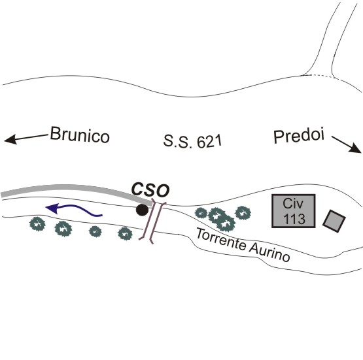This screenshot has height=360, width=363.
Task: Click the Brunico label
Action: click(x=80, y=135)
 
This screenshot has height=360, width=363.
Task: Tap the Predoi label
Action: click(x=299, y=137)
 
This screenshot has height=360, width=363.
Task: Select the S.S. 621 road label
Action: click(x=192, y=141)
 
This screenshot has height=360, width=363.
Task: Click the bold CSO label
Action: click(x=150, y=190)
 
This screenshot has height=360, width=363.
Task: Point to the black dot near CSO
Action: click(x=142, y=210)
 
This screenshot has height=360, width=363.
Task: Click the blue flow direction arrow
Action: click(x=74, y=209)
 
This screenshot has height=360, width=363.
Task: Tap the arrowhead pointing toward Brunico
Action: click(x=10, y=139)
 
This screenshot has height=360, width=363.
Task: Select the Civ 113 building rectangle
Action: click(x=294, y=211)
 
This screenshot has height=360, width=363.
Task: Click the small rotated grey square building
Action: click(x=334, y=221)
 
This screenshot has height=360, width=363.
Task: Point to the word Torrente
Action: click(x=222, y=239)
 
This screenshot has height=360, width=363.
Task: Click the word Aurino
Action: click(x=269, y=253)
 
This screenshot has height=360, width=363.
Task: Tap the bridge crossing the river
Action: click(x=152, y=221)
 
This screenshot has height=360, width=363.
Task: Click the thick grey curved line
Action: click(x=77, y=189)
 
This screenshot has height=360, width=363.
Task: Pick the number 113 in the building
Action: click(x=294, y=218)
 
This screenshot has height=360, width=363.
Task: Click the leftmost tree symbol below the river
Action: click(x=37, y=224)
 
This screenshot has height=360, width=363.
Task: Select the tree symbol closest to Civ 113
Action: click(x=243, y=212)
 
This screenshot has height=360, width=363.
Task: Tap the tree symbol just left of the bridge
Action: click(x=125, y=233)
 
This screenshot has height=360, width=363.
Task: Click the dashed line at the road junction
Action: click(x=319, y=76)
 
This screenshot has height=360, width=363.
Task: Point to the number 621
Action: click(x=209, y=142)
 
